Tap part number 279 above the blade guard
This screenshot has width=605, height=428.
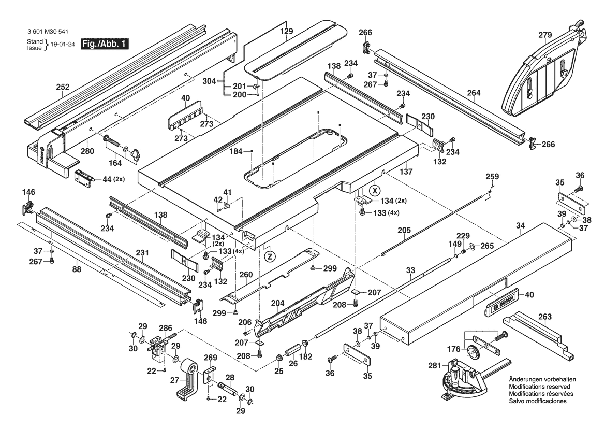(545, 35)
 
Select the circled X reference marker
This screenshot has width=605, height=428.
(375, 189)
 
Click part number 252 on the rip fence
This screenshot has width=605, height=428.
(63, 88)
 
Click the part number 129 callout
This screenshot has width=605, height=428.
(286, 32)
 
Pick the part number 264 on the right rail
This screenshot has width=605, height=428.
(474, 93)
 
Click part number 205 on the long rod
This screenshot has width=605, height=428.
(404, 231)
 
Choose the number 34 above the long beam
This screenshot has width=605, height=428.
(520, 225)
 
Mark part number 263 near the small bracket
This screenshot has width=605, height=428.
(544, 317)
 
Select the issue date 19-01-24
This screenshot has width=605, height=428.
(62, 44)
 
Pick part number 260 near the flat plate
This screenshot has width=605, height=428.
(246, 274)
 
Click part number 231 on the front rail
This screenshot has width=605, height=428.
(142, 253)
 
